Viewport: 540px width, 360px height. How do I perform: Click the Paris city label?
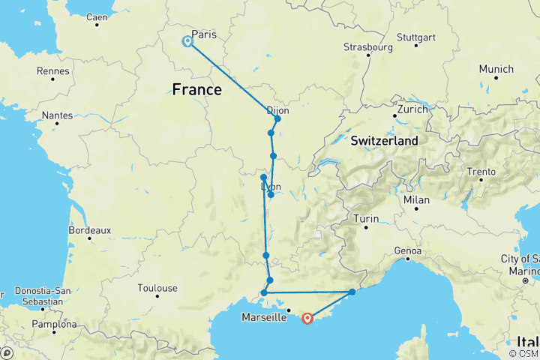pyautogui.click(x=204, y=34)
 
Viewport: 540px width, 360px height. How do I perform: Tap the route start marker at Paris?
pyautogui.click(x=187, y=42)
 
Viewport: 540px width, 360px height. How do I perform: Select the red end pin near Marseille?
pyautogui.click(x=307, y=319)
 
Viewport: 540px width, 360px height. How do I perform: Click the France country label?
pyautogui.click(x=196, y=90)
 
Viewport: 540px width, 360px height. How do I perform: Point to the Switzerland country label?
pyautogui.click(x=385, y=140)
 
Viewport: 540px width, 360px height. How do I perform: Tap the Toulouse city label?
pyautogui.click(x=157, y=288)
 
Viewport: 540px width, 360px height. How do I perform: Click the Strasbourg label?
pyautogui.click(x=367, y=46)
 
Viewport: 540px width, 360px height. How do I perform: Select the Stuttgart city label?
pyautogui.click(x=415, y=36)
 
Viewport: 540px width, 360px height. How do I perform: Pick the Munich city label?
pyautogui.click(x=496, y=69)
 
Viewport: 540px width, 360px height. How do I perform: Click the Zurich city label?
pyautogui.click(x=412, y=109)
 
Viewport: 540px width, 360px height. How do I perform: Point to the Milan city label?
pyautogui.click(x=416, y=200)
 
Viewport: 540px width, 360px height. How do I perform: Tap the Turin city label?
pyautogui.click(x=367, y=219)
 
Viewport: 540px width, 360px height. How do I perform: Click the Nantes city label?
pyautogui.click(x=61, y=115)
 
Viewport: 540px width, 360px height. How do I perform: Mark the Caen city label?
pyautogui.click(x=97, y=16)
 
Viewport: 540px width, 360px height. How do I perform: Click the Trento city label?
pyautogui.click(x=480, y=172)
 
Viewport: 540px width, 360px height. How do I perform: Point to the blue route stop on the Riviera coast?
pyautogui.click(x=352, y=292)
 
